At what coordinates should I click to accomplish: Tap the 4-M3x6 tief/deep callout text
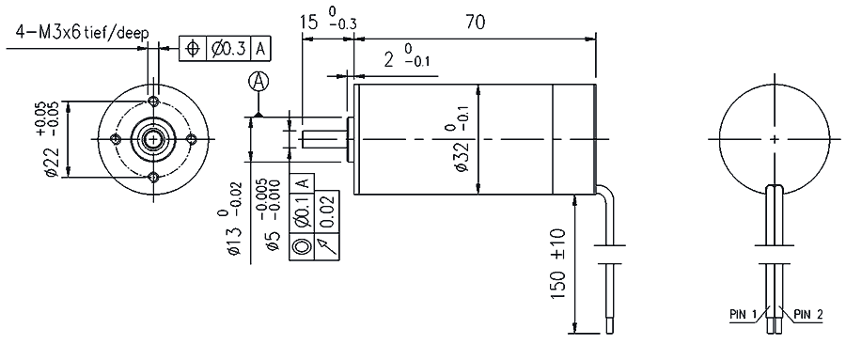click(83, 33)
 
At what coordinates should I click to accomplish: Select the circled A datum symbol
click(259, 82)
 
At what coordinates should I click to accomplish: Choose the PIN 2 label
click(807, 314)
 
